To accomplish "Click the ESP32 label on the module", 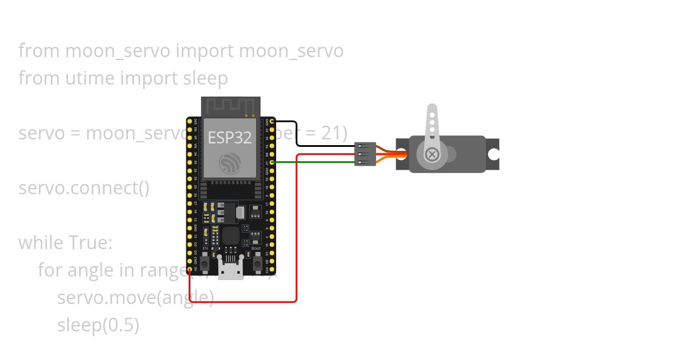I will (x=229, y=138).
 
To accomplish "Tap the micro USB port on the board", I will (x=231, y=272).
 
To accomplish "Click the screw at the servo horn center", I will (x=433, y=154).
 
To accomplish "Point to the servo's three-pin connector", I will (x=365, y=154).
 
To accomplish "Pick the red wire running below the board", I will (x=246, y=301).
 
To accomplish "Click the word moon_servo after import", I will (x=291, y=51).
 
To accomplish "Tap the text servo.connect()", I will (x=84, y=188).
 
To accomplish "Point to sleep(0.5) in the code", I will (x=98, y=325).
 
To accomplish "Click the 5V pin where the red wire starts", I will (x=190, y=270).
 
